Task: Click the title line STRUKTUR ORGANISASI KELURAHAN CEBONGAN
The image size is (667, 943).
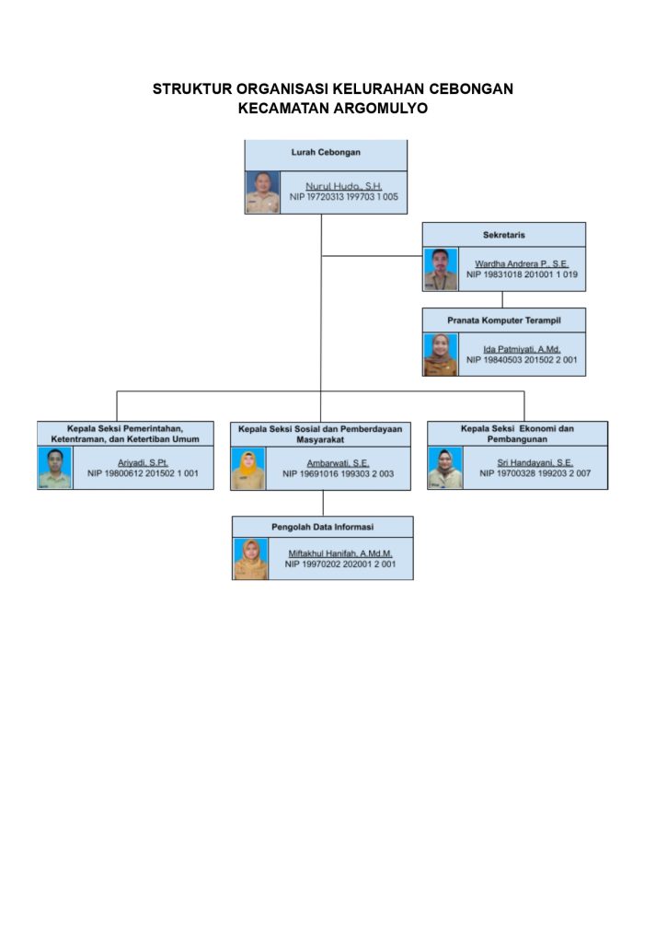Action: coord(333,89)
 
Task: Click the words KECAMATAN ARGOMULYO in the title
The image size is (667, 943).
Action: coord(333,109)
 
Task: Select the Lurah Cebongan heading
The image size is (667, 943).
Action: coord(326,152)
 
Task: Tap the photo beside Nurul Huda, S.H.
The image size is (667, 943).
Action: coord(262,192)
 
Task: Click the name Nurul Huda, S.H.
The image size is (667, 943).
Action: coord(344,186)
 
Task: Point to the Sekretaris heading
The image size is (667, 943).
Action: coord(504,235)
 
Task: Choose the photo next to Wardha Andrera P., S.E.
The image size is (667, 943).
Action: coord(441,269)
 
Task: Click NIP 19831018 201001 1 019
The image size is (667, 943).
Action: coord(522,274)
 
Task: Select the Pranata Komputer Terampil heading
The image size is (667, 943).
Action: coord(503,320)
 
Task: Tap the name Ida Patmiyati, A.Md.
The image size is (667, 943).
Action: coord(522,349)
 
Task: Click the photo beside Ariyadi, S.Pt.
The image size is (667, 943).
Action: coord(54,468)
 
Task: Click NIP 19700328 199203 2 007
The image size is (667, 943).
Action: coord(535,473)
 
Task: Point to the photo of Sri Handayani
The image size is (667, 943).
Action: coord(445,468)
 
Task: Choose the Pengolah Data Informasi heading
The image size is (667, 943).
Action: coord(322,527)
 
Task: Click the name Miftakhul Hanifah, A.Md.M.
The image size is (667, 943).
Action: coord(340,553)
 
